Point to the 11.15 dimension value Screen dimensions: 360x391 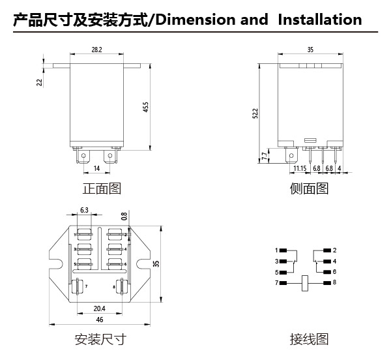tap(300, 168)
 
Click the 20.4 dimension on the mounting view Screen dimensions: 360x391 tap(99, 308)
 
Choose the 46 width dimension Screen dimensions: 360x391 tap(100, 321)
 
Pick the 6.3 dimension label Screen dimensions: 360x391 tap(85, 210)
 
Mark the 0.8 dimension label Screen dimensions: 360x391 tap(124, 216)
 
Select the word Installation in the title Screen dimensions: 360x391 tap(319, 20)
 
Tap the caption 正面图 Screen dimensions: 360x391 tap(102, 189)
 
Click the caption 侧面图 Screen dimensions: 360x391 tap(309, 189)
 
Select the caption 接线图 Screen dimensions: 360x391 tap(309, 340)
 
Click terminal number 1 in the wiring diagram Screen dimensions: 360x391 tap(276, 250)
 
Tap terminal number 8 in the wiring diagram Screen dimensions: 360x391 tap(334, 282)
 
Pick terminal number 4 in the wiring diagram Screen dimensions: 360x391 tap(334, 261)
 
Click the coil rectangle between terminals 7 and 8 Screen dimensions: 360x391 tap(305, 282)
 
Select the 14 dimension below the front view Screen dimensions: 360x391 tap(96, 168)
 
